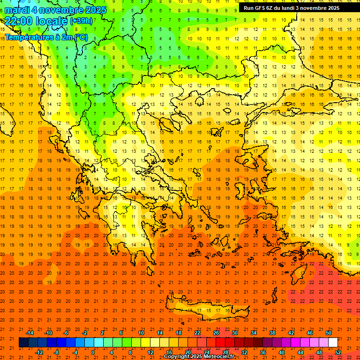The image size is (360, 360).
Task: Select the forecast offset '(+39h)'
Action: [x=81, y=21]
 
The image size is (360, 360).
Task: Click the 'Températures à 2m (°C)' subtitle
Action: [x=46, y=37]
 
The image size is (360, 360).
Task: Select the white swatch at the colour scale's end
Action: [x=333, y=343]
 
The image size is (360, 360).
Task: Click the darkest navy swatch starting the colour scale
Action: [x=23, y=343]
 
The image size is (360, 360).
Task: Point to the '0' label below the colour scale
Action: [x=93, y=352]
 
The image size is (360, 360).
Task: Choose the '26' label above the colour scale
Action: [x=216, y=333]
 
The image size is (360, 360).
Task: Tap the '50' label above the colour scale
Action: [x=328, y=333]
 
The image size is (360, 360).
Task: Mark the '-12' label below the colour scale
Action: [x=39, y=352]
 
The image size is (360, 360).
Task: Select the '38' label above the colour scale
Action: [x=272, y=333]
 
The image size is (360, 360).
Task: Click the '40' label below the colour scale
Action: [x=282, y=352]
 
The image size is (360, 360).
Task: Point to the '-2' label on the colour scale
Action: [x=84, y=333]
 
